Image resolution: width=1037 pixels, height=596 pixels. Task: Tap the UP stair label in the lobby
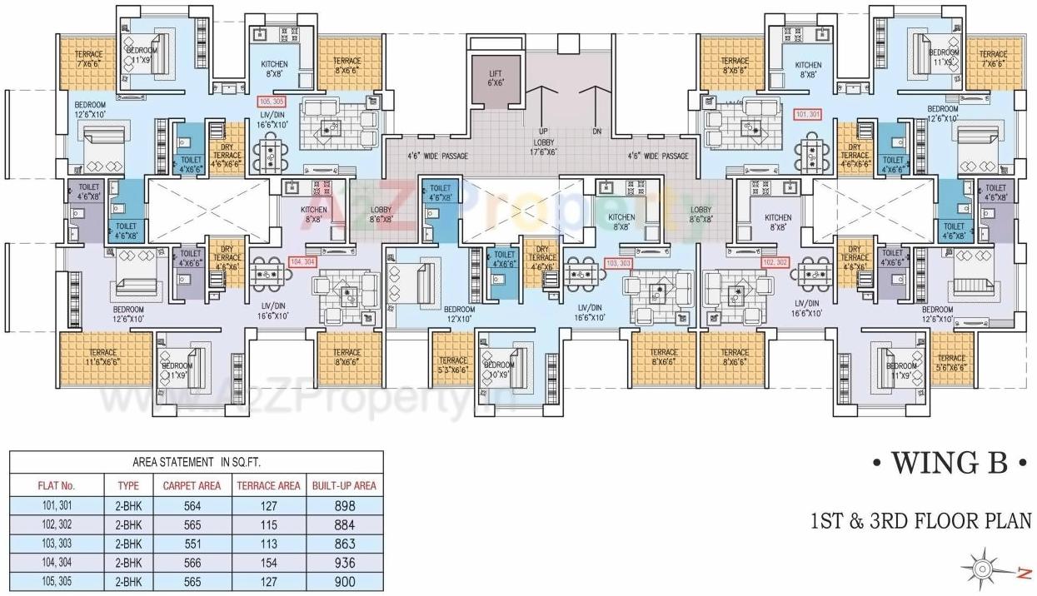click(543, 132)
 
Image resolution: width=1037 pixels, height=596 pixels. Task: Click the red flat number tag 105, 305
click(272, 101)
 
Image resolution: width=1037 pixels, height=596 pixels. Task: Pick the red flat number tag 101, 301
click(808, 115)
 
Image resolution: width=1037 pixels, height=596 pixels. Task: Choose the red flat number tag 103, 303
click(619, 262)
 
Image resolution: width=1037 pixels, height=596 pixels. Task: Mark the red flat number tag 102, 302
click(775, 261)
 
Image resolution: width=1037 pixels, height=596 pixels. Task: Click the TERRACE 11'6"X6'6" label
click(103, 357)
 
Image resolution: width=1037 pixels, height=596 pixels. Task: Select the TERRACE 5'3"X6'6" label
click(452, 365)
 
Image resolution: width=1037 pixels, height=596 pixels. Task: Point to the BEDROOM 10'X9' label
click(499, 370)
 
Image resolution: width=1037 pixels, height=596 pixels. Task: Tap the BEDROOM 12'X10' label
click(458, 313)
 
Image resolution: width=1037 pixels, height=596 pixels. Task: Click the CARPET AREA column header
click(192, 485)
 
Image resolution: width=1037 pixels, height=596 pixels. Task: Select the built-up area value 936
click(343, 563)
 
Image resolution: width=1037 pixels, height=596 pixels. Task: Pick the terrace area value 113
click(268, 544)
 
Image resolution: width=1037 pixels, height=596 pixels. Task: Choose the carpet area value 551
click(192, 544)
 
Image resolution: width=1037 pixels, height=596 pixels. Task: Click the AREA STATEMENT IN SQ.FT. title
click(197, 462)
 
